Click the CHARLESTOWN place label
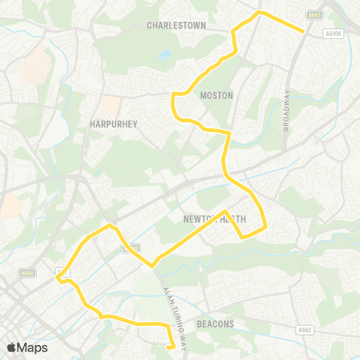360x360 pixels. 176,25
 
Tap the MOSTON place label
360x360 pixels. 217,95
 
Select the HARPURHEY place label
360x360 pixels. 112,124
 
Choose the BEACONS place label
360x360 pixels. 215,324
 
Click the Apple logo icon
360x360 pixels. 12,347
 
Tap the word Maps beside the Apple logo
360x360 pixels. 33,347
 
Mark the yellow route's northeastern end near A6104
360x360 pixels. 302,31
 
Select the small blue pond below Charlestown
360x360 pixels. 164,55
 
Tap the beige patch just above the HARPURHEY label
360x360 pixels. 110,106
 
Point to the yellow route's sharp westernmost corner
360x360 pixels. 56,278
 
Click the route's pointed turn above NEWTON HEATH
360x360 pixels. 226,211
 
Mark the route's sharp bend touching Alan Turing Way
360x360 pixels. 153,265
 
